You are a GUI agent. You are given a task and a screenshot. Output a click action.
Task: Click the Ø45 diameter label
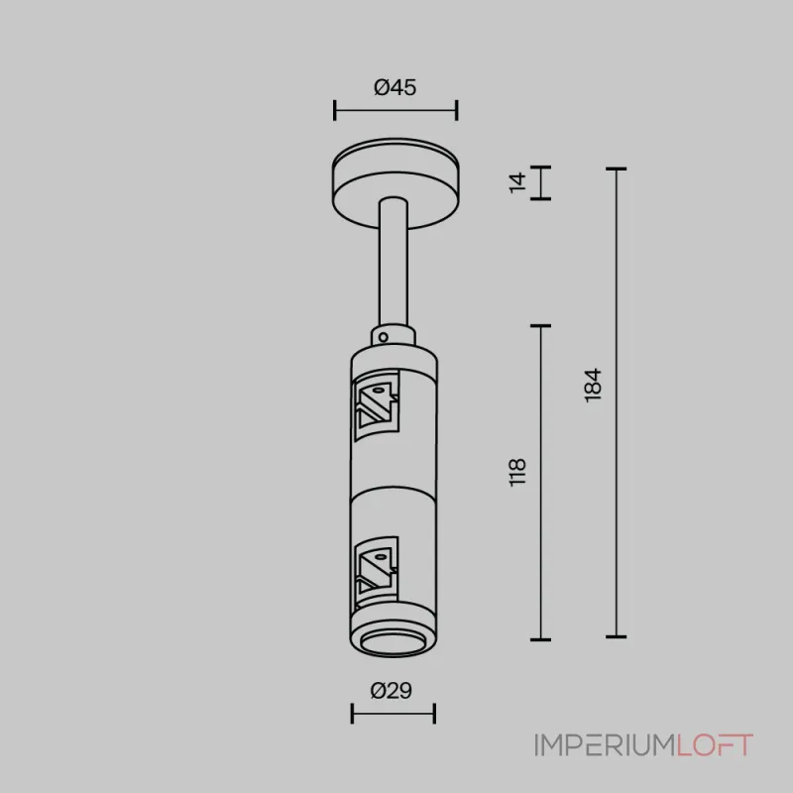[x=395, y=87]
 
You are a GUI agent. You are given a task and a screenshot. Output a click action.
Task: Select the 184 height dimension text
[x=593, y=385]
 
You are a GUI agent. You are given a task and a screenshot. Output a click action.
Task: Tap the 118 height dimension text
[x=516, y=472]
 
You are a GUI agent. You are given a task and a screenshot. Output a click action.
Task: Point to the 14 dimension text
[x=516, y=182]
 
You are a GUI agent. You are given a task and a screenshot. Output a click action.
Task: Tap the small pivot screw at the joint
[x=380, y=337]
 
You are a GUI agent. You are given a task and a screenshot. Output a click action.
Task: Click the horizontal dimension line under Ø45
[x=395, y=110]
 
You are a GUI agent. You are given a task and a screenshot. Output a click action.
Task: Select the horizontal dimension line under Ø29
[x=393, y=712]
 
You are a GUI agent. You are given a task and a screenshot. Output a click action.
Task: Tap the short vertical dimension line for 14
[x=540, y=182]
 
